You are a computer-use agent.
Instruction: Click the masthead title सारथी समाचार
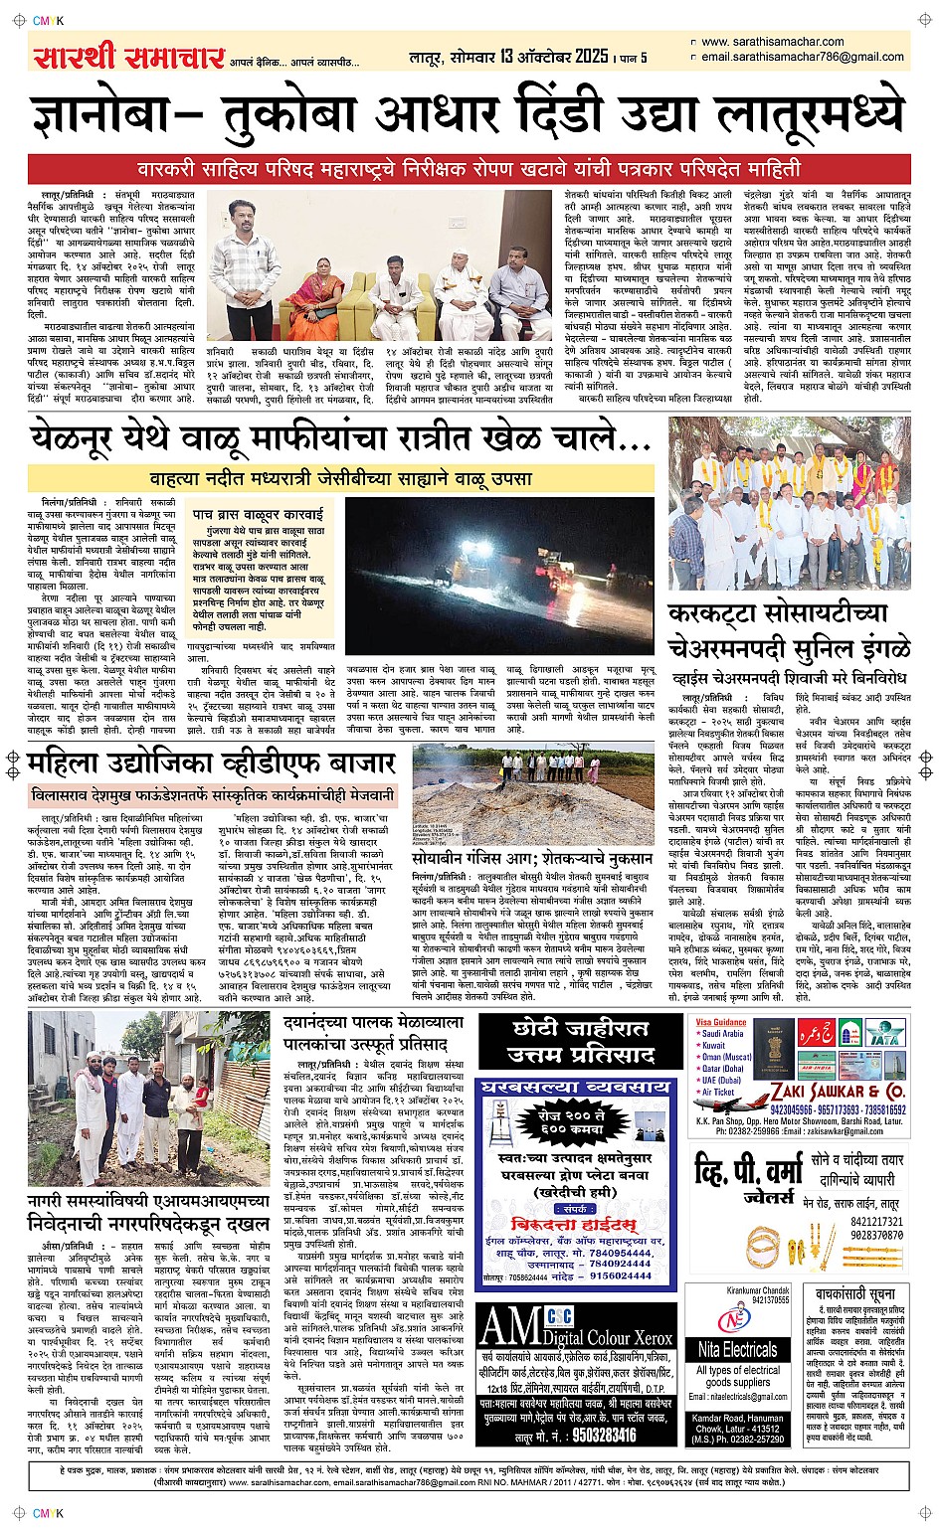tap(127, 57)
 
